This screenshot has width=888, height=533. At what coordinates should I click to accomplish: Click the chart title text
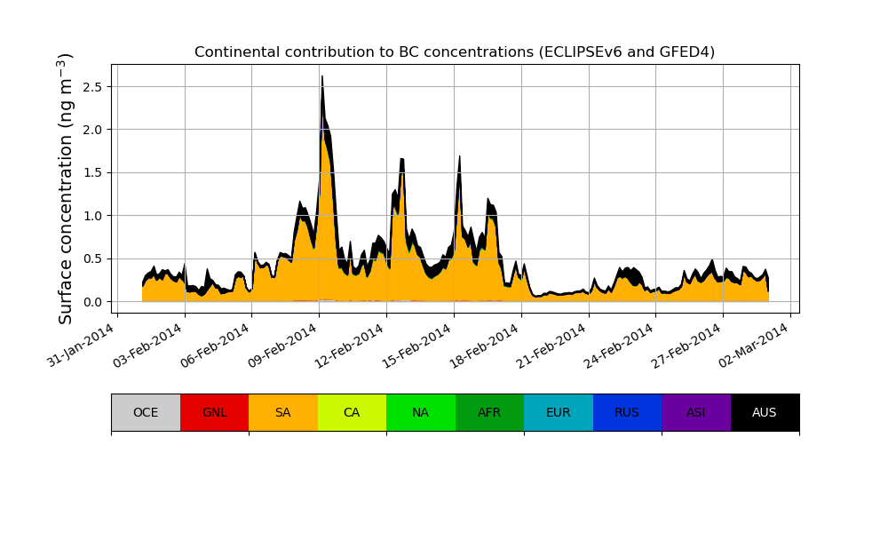pos(455,52)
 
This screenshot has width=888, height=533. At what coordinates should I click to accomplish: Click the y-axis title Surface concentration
pos(66,188)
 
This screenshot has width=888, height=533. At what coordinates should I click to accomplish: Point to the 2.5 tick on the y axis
pos(92,87)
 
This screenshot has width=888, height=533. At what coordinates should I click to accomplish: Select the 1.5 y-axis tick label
pos(92,173)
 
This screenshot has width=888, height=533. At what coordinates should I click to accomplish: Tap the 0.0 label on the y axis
pos(92,302)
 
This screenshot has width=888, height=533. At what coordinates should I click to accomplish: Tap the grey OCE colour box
pos(146,412)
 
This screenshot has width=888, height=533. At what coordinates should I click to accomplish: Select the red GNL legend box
pos(214,412)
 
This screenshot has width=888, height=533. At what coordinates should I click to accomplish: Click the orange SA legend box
pos(283,412)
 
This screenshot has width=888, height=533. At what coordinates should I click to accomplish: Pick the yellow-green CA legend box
pos(352,412)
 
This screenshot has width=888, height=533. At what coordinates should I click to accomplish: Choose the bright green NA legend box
pos(421,412)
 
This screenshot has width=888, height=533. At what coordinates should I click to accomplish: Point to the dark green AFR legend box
pos(489,412)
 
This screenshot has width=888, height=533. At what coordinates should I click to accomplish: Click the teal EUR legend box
pos(559,412)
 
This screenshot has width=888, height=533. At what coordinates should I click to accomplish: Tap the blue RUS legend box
pos(627,412)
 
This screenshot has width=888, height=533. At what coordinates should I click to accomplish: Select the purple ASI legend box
pos(696,412)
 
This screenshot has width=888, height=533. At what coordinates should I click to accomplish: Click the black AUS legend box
pos(765,412)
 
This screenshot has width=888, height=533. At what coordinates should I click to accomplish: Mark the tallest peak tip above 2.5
pos(321,76)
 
